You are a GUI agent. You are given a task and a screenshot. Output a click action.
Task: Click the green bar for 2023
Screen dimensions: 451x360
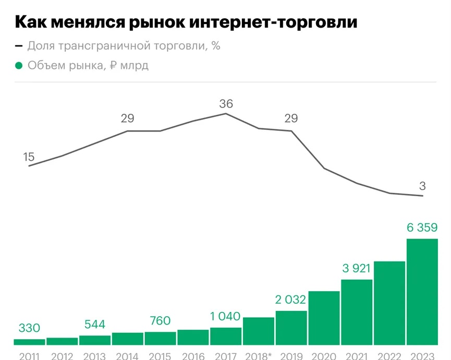422,292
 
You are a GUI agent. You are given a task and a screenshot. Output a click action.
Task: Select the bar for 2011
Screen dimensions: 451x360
29,342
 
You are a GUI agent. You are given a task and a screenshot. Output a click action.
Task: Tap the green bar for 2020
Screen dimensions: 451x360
324,318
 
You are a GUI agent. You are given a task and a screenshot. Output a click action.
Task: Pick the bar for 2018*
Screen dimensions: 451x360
258,331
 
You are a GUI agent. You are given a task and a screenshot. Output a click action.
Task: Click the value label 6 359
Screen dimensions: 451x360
422,227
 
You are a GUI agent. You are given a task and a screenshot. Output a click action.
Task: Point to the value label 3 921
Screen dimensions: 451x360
356,269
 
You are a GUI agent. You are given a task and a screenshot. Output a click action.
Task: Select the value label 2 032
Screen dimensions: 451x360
290,300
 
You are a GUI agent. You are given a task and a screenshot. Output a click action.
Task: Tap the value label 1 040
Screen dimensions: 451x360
225,317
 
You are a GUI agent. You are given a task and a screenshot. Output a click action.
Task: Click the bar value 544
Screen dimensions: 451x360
94,325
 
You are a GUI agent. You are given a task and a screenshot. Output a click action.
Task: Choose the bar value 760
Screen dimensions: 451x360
160,321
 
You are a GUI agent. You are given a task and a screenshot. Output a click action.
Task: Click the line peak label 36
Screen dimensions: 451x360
226,104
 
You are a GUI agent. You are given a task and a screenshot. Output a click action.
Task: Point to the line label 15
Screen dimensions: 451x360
29,157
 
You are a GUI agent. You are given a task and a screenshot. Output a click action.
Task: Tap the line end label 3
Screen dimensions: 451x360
422,186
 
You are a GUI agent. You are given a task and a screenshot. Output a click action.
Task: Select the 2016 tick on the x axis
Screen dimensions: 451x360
193,356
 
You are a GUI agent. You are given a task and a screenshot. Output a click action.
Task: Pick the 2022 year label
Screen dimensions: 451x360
389,356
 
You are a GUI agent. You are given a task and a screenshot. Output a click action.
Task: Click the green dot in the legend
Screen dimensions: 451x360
19,66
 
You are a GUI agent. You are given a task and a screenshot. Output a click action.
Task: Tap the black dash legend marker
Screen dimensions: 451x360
19,46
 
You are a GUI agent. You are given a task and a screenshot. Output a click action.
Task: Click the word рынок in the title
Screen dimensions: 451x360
157,22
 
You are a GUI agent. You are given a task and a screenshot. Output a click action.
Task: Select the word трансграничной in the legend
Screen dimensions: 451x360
104,46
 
